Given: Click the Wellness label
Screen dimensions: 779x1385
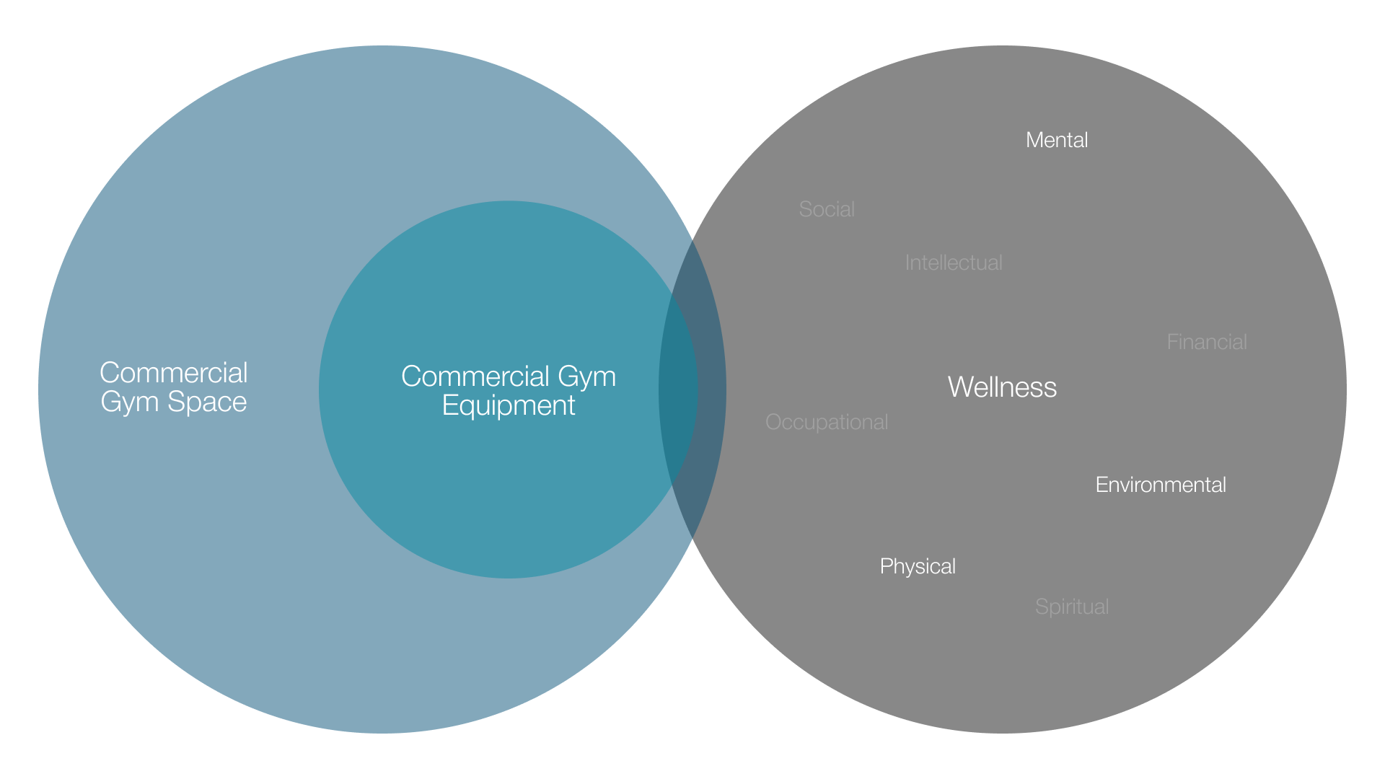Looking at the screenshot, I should [1002, 387].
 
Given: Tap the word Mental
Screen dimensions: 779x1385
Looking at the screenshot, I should [1057, 140].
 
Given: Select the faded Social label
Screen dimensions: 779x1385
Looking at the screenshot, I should [827, 209].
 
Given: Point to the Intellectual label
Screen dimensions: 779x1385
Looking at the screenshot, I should [954, 263].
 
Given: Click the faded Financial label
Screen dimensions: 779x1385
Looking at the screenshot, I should [1207, 342].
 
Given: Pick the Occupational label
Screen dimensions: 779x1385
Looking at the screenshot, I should [827, 422].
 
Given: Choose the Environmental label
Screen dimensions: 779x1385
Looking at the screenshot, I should [1161, 485].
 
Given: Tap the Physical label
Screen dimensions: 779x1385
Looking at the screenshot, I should [918, 566].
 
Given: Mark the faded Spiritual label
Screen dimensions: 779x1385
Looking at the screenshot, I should [1072, 607].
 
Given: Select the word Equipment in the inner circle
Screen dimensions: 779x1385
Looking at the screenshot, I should [509, 405].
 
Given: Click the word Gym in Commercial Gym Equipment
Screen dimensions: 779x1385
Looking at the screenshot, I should [586, 377].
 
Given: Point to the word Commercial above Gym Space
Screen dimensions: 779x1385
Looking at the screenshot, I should [174, 373].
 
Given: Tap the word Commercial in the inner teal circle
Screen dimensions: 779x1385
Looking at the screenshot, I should [475, 377].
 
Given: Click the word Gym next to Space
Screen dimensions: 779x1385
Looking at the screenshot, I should [129, 402].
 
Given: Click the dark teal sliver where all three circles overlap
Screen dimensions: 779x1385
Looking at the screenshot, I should [679, 389].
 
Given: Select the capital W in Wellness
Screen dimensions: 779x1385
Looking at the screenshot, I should [960, 387].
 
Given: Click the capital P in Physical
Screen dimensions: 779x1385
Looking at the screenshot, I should [886, 566].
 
